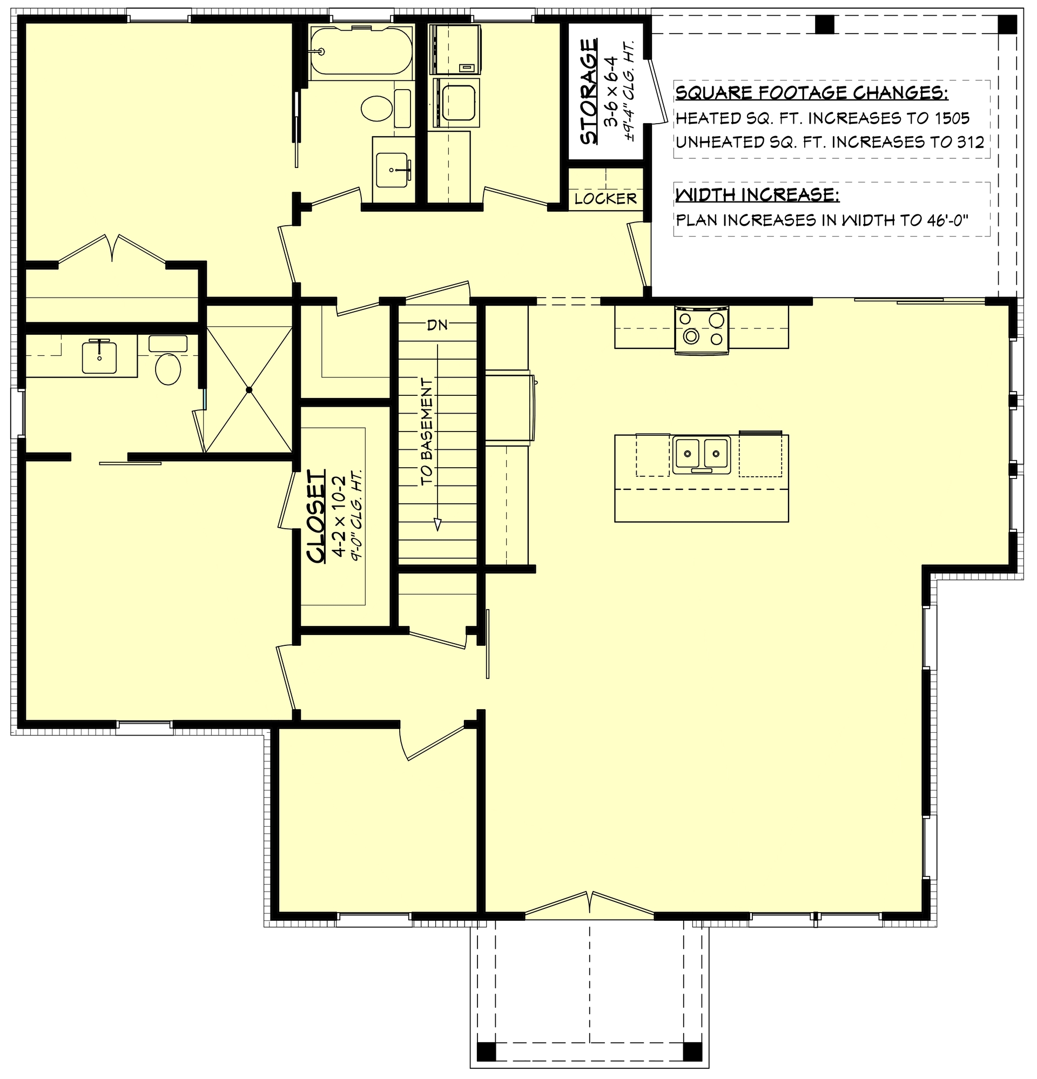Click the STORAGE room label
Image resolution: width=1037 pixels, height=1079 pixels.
click(x=589, y=91)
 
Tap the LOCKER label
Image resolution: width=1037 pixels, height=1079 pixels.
click(x=605, y=199)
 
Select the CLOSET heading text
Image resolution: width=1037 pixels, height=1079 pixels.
click(x=317, y=516)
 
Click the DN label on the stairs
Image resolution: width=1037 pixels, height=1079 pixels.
click(x=437, y=325)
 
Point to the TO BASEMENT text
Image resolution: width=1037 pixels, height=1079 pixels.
click(x=427, y=432)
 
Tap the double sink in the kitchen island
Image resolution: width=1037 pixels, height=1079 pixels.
click(x=701, y=454)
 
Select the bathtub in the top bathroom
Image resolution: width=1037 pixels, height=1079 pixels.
click(x=361, y=51)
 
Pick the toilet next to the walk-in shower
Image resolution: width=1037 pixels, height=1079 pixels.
click(x=168, y=369)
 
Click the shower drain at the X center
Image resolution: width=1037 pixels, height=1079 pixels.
click(x=249, y=390)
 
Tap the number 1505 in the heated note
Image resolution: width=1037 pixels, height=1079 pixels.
click(x=951, y=118)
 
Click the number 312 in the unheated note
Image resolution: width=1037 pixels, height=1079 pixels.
click(x=970, y=143)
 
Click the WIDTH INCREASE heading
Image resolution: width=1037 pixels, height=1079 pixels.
click(x=757, y=195)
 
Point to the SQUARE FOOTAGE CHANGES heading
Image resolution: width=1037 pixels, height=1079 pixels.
click(x=811, y=93)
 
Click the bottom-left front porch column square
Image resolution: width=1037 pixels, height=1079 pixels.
click(x=486, y=1051)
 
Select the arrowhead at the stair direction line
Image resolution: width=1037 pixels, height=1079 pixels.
click(x=438, y=524)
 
